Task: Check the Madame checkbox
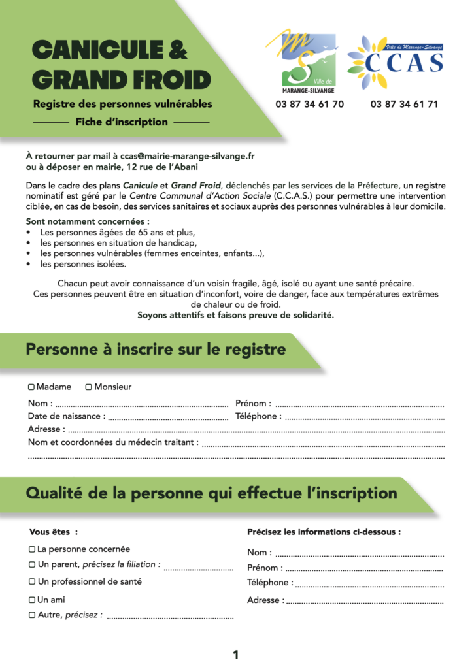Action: (31, 387)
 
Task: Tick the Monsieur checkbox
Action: (89, 387)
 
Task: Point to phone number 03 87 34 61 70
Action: (309, 104)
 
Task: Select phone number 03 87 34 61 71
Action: (404, 104)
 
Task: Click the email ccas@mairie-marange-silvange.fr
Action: (188, 156)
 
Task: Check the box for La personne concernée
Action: (32, 549)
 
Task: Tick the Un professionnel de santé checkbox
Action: (32, 581)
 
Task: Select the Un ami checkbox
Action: (32, 600)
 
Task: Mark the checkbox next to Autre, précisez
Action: (32, 615)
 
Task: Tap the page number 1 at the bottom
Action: (235, 654)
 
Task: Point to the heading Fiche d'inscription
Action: (122, 122)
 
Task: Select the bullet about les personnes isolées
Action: (83, 264)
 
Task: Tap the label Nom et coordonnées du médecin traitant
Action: (113, 442)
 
